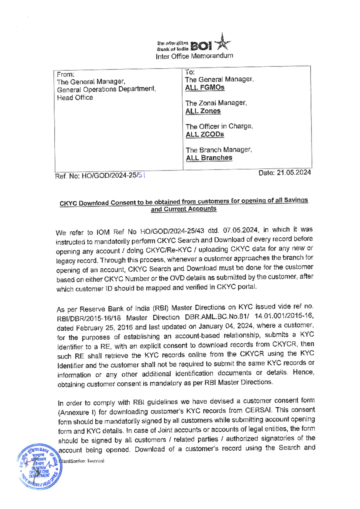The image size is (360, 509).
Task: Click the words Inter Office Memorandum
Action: (x=194, y=56)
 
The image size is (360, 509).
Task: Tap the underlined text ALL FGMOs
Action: (x=205, y=88)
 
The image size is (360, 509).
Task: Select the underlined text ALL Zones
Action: (x=203, y=111)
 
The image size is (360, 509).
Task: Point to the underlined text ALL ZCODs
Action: (x=205, y=134)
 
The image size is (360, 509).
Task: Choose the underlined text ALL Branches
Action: (x=209, y=158)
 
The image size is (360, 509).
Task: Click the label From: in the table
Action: (x=66, y=74)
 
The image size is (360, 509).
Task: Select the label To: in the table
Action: (x=190, y=72)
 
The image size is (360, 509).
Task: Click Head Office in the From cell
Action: (x=75, y=98)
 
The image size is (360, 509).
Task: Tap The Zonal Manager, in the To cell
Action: (x=216, y=103)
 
